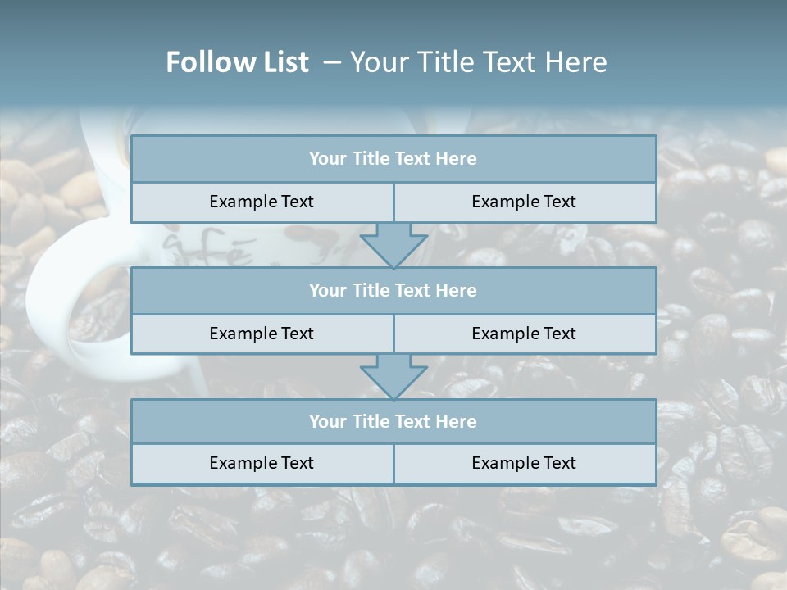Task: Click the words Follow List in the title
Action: pos(237,62)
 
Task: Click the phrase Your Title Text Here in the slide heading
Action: pos(478,62)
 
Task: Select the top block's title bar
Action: pos(393,159)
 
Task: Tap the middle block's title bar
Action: pos(393,290)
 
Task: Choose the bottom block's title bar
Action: pos(393,421)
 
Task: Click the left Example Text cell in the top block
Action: pos(262,202)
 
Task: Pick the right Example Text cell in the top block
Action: pos(524,202)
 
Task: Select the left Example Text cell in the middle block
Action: pos(262,334)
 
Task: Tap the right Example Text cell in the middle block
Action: pos(524,334)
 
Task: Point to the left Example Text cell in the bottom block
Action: pos(262,463)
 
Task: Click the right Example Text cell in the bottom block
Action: pos(524,463)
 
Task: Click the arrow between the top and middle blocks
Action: pos(393,245)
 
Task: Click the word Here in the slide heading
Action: pos(577,62)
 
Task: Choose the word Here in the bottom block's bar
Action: pos(456,421)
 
